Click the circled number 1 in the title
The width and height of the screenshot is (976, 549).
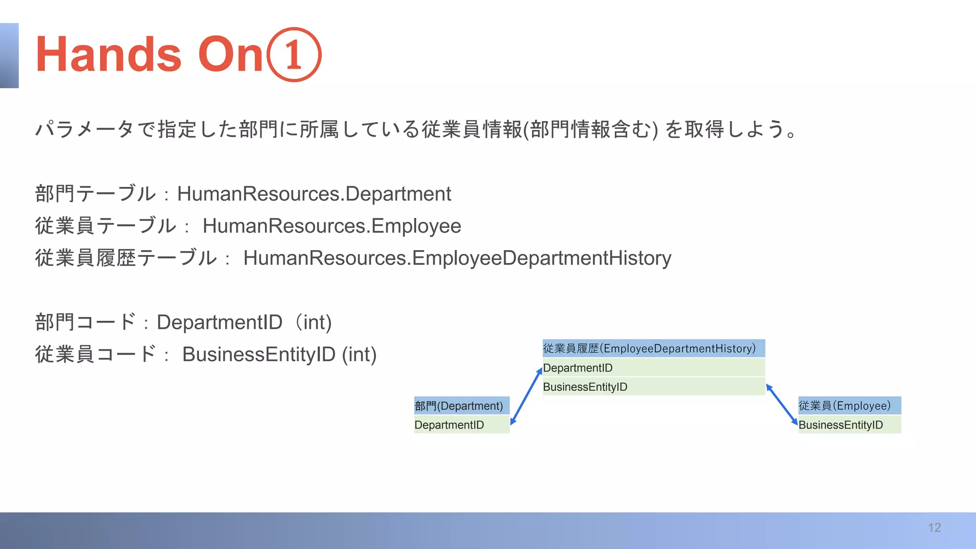point(294,55)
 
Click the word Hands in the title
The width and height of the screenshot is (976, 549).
point(109,55)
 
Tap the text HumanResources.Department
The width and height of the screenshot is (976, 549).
point(314,194)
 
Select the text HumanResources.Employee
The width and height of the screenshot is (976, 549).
point(332,226)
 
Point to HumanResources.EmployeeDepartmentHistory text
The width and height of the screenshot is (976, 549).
point(457,258)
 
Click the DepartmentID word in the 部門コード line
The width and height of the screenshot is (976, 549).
point(220,323)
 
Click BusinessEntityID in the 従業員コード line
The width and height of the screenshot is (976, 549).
point(259,355)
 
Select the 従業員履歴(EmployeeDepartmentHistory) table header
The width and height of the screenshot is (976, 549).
point(653,348)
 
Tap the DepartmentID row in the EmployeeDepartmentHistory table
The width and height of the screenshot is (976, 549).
point(653,368)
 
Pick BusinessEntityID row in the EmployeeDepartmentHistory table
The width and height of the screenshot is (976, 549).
point(653,387)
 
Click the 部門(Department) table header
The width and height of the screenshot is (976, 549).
point(461,406)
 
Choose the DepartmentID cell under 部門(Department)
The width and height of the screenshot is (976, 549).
point(461,425)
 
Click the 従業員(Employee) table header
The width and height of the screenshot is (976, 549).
point(849,406)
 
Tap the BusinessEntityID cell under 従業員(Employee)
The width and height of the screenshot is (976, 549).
point(849,425)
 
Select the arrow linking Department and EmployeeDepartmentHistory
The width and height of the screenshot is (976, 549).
point(526,396)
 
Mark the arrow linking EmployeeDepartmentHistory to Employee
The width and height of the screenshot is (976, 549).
point(782,404)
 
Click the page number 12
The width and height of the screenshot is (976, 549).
point(934,528)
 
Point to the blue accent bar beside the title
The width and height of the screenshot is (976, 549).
point(9,55)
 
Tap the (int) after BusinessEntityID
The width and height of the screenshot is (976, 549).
point(359,355)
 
